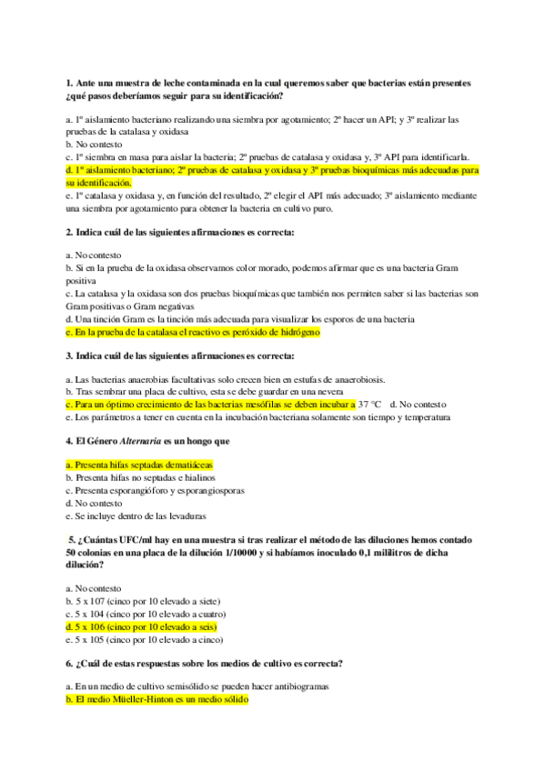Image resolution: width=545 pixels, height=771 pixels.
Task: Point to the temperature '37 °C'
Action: tap(369, 404)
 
